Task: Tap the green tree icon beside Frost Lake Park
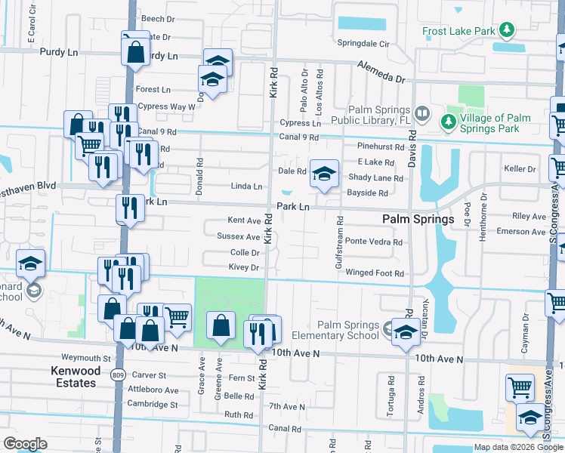pyautogui.click(x=508, y=31)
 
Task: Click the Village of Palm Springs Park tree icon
pyautogui.click(x=448, y=121)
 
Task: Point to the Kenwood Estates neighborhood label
pyautogui.click(x=74, y=377)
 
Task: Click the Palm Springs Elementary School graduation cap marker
pyautogui.click(x=406, y=334)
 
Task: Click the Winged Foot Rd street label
pyautogui.click(x=375, y=273)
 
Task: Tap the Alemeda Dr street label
pyautogui.click(x=381, y=72)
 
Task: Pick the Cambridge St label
pyautogui.click(x=152, y=404)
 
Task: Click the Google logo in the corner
pyautogui.click(x=26, y=444)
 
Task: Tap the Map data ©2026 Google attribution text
pyautogui.click(x=517, y=448)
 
